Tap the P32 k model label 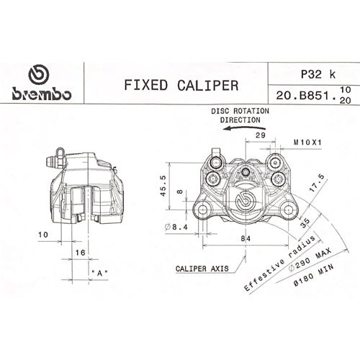click(x=305, y=73)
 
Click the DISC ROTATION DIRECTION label click(x=240, y=116)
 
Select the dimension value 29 click(x=261, y=135)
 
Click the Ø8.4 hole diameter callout click(x=177, y=227)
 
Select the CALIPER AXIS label click(x=202, y=268)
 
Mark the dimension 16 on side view click(x=80, y=253)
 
